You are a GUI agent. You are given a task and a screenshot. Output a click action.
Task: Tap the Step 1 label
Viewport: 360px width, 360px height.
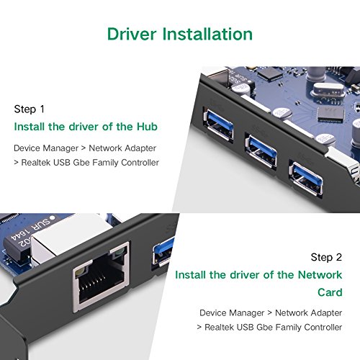[30, 109]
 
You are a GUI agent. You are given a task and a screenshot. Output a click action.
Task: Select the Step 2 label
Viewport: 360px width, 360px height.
[327, 257]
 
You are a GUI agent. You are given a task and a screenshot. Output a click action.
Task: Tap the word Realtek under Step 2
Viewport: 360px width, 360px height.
[223, 326]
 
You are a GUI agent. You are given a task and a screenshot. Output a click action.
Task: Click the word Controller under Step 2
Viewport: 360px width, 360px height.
[321, 326]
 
